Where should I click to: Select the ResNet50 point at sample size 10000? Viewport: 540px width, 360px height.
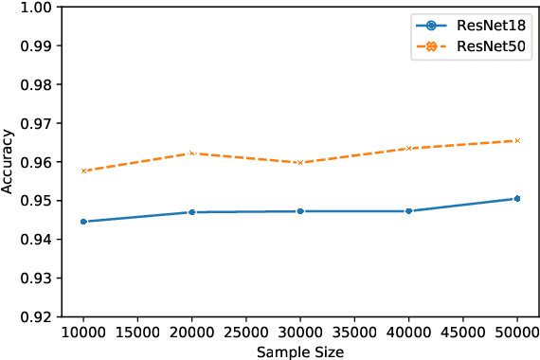(x=83, y=171)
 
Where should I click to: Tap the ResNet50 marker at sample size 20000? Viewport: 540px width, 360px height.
(x=191, y=153)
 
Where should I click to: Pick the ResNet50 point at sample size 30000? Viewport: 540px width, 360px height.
(x=300, y=162)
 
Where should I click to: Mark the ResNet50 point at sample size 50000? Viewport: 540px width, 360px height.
(x=517, y=140)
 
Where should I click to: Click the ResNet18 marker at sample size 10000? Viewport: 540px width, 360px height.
(x=83, y=222)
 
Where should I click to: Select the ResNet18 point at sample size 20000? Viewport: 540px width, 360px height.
(x=191, y=212)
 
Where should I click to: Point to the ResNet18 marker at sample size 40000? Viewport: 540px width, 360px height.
(x=408, y=211)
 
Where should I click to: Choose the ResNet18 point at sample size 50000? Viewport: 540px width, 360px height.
(x=517, y=199)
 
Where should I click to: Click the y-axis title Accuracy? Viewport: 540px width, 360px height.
(x=9, y=161)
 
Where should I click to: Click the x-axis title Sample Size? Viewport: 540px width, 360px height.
(x=299, y=351)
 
